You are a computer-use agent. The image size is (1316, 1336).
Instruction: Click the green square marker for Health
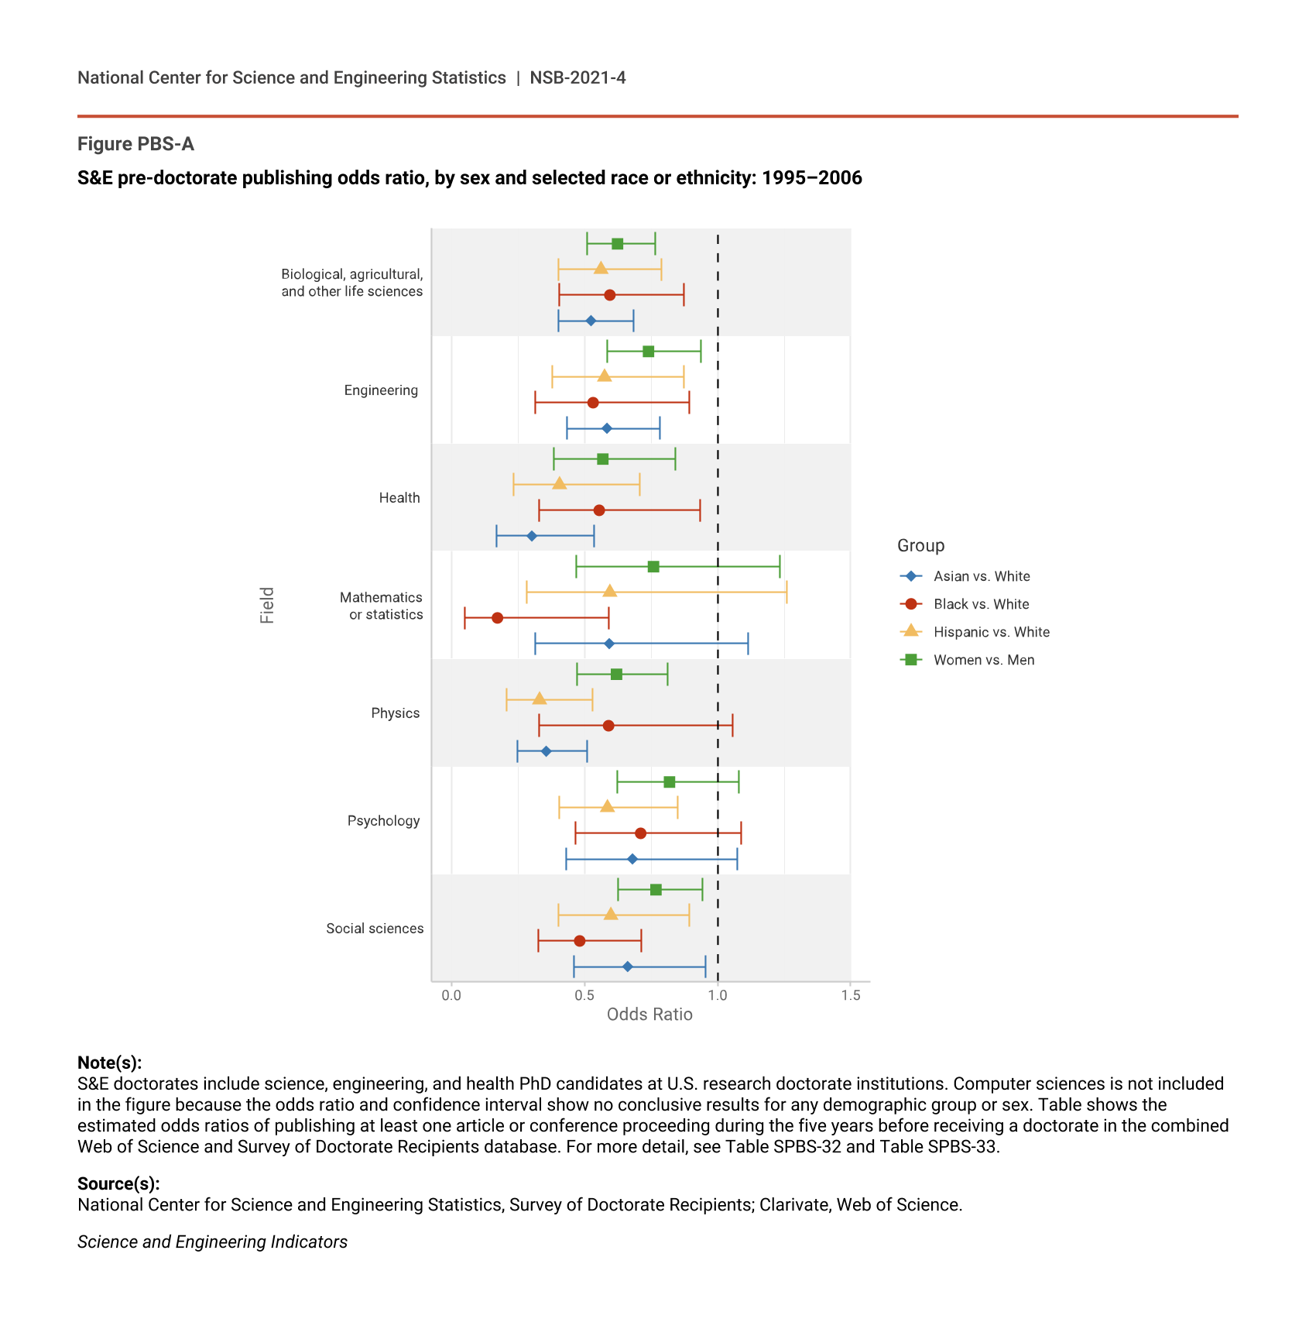[x=602, y=459]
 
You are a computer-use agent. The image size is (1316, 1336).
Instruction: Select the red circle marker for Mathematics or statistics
[x=497, y=618]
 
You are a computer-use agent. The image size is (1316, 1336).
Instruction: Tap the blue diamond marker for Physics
[x=546, y=751]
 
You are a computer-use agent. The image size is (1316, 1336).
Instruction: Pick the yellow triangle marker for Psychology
[x=607, y=806]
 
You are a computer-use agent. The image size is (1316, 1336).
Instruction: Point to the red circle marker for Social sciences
[x=579, y=941]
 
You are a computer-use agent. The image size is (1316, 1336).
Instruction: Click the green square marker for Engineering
[x=648, y=352]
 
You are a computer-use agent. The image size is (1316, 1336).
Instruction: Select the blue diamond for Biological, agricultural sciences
[x=591, y=321]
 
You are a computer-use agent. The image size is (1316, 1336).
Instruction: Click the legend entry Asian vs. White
[x=981, y=576]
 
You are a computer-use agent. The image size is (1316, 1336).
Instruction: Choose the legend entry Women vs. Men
[x=983, y=660]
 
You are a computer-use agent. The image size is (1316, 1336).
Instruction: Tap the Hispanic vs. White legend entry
[x=991, y=632]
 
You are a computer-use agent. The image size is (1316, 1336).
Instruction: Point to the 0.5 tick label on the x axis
[x=584, y=995]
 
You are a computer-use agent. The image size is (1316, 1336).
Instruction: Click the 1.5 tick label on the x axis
[x=850, y=995]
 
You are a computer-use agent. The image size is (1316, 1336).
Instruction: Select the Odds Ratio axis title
[x=649, y=1015]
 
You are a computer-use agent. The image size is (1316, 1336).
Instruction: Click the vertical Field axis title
[x=267, y=605]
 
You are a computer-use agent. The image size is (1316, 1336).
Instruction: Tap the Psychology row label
[x=383, y=821]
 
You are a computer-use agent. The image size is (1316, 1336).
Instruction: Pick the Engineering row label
[x=381, y=390]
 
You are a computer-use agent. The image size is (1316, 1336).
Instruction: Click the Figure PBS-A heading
[x=135, y=144]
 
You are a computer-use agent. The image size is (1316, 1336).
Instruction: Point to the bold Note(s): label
[x=109, y=1063]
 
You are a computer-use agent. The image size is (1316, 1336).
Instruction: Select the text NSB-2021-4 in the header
[x=577, y=77]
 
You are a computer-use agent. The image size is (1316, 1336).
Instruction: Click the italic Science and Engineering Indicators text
[x=212, y=1242]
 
